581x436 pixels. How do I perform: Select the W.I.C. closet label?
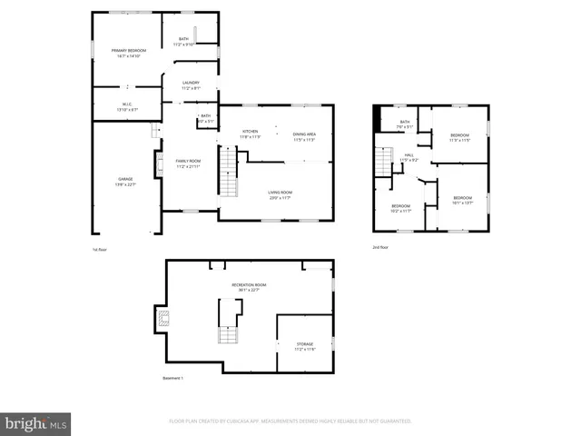127,105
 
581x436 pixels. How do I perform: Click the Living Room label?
280,194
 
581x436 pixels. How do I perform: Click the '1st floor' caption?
101,249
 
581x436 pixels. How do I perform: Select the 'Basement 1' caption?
172,378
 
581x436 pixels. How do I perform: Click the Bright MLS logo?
36,422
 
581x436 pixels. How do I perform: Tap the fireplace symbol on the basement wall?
163,318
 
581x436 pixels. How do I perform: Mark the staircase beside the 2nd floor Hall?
383,164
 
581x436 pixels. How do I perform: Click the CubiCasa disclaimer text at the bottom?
290,421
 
